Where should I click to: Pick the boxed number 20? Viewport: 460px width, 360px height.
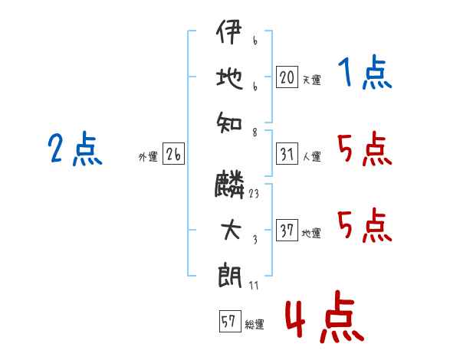[287, 77]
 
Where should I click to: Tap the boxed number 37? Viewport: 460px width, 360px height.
[287, 231]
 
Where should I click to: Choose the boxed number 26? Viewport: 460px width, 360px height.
[173, 155]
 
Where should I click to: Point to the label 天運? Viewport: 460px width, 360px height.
[311, 80]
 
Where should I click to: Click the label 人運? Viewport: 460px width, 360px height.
[311, 157]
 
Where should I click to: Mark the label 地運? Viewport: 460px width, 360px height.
[311, 233]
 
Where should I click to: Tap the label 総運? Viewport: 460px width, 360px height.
[255, 325]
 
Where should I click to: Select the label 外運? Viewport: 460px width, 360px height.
[148, 157]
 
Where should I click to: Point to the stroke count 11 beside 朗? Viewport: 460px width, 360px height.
[255, 286]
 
